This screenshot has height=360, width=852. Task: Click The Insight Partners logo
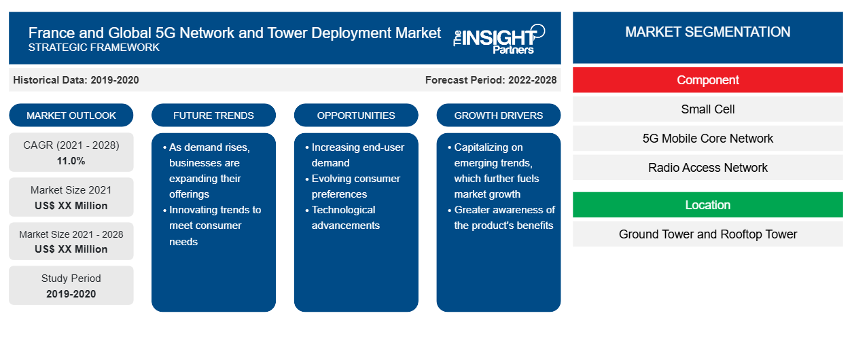pos(499,39)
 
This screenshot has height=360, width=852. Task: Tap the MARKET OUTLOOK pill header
pos(71,115)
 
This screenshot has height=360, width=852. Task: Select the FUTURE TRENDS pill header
pos(213,115)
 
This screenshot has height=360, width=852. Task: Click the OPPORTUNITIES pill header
pos(356,115)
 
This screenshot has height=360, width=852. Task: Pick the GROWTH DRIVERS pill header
pos(498,115)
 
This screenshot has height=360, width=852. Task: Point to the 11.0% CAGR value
pos(71,161)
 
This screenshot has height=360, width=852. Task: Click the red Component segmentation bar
pos(707,80)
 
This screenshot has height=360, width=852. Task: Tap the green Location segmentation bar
pos(707,205)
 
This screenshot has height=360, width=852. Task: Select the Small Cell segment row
pos(707,109)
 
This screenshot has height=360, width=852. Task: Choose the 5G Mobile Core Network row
pos(707,139)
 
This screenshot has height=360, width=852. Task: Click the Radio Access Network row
pos(707,167)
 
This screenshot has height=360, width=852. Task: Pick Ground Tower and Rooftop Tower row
pos(707,234)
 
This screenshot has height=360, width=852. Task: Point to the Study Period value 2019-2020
pos(71,294)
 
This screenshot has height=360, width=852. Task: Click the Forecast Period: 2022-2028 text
pos(491,80)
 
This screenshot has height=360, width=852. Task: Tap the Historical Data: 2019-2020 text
pos(76,80)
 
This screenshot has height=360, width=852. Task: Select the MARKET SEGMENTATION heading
pos(707,32)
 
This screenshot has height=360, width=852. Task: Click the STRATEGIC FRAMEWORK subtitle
pos(94,48)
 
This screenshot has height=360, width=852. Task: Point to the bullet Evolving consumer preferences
pos(353,186)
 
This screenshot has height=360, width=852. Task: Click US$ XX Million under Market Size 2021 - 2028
pos(71,249)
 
